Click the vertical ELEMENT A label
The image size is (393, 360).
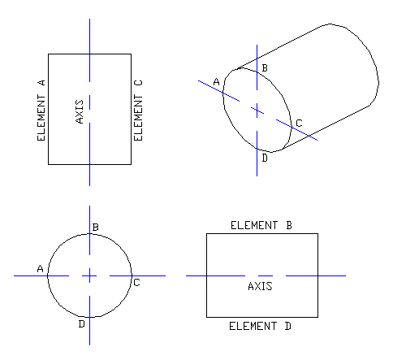[x=41, y=110]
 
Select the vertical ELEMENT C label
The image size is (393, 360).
[x=138, y=108]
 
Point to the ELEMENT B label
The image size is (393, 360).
[x=261, y=225]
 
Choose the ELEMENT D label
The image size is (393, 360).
[x=261, y=326]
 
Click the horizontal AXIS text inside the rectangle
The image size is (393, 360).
[x=260, y=286]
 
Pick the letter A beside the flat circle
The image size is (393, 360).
[x=39, y=268]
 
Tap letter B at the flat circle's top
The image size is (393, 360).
[x=96, y=227]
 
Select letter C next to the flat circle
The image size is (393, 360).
[x=136, y=282]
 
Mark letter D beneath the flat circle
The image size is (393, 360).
[x=81, y=324]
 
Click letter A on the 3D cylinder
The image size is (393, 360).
[x=216, y=81]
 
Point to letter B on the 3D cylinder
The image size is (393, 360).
[x=264, y=67]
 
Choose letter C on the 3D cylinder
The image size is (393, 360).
[x=298, y=124]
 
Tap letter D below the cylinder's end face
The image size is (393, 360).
[x=265, y=157]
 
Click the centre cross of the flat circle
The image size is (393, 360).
[x=90, y=276]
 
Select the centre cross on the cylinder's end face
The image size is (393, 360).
[x=257, y=109]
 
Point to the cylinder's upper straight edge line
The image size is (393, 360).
[x=292, y=46]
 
